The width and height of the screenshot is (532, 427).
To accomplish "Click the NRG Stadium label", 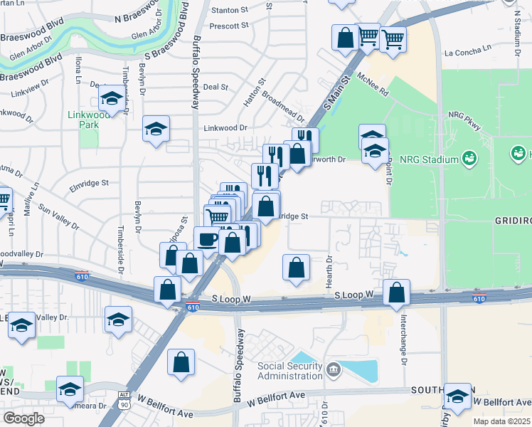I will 429,159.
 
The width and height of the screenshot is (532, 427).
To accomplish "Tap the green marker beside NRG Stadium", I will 469,157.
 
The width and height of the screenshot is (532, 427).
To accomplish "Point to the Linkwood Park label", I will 88,119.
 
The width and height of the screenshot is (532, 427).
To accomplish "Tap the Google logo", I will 23,418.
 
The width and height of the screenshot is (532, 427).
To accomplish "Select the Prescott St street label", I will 228,26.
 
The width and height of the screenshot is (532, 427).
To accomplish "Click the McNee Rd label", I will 373,85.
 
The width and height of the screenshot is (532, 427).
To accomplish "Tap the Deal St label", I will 215,87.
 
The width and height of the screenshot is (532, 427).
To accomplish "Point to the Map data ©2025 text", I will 500,421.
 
